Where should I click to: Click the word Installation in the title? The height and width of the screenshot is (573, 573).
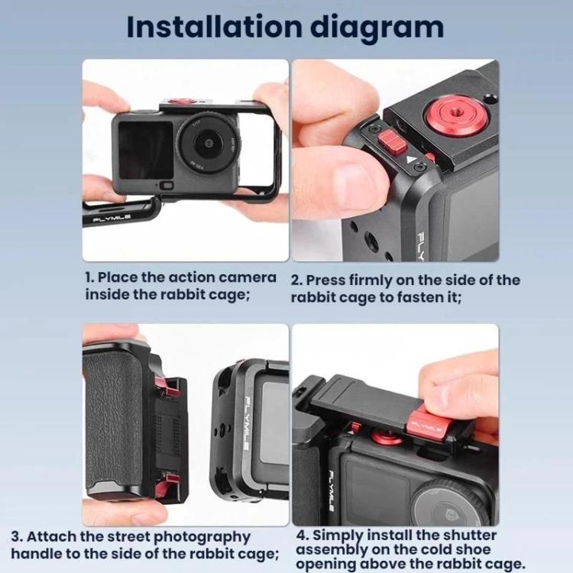pyautogui.click(x=214, y=26)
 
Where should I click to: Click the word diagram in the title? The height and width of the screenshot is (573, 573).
pyautogui.click(x=377, y=28)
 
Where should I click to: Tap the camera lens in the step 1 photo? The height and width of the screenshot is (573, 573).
pyautogui.click(x=209, y=142)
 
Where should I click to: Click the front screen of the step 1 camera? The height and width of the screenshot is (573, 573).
pyautogui.click(x=146, y=151)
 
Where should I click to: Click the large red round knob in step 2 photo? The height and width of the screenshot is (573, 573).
pyautogui.click(x=451, y=114)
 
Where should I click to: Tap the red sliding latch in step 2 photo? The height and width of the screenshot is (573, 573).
pyautogui.click(x=393, y=142)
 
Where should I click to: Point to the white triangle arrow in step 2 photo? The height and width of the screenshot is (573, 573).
pyautogui.click(x=410, y=160)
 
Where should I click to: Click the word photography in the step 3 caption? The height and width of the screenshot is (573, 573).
pyautogui.click(x=202, y=538)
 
